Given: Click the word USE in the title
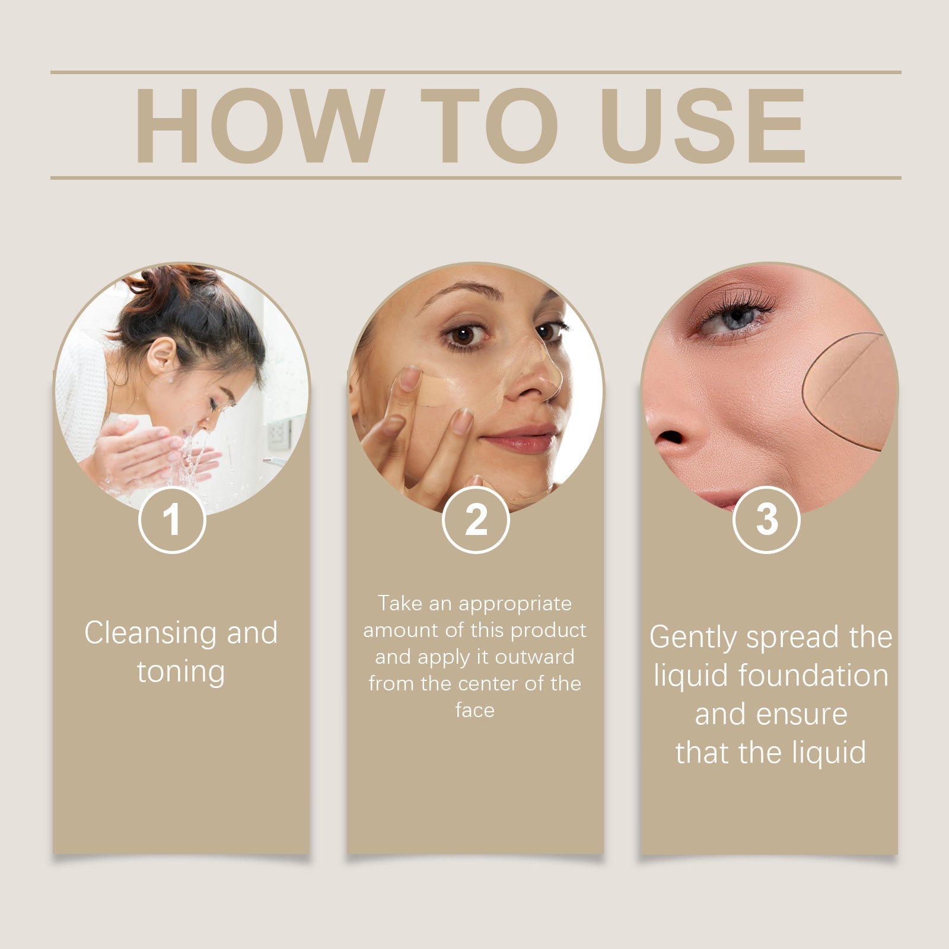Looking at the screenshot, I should [703, 125].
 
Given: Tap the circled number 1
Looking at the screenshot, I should [172, 520].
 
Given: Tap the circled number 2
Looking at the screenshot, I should [476, 520].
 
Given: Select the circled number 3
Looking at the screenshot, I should [766, 520].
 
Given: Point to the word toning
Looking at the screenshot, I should [181, 672].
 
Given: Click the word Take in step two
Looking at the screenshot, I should [400, 603].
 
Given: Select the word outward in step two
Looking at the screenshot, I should [534, 657].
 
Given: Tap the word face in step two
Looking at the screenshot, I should [474, 710].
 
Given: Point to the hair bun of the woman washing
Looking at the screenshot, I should [172, 284].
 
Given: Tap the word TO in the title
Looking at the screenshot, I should [489, 125].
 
